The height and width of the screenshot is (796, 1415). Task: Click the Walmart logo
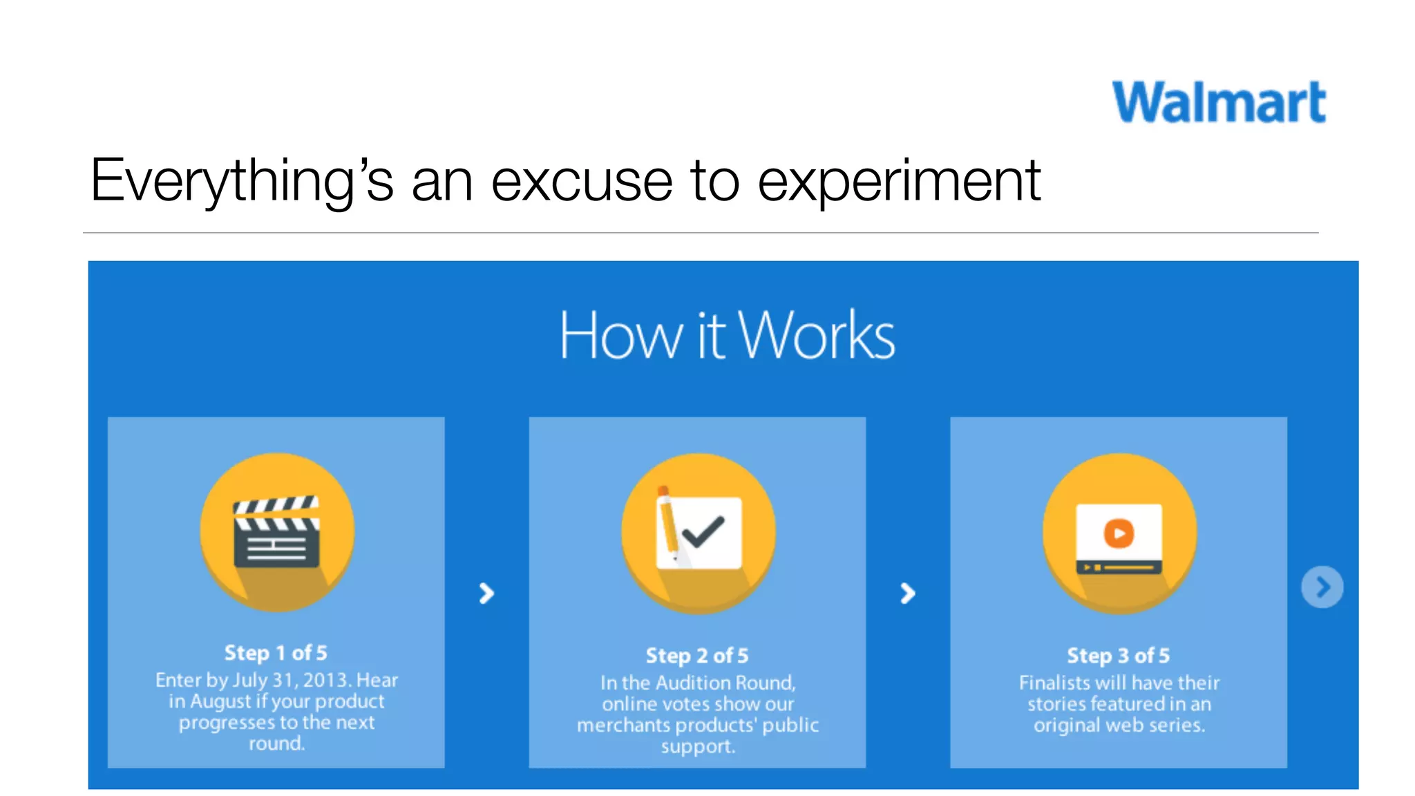click(x=1219, y=102)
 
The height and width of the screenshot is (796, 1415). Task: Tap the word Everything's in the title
click(x=241, y=181)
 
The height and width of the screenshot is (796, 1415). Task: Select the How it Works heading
click(x=726, y=336)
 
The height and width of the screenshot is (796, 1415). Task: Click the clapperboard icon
click(x=277, y=533)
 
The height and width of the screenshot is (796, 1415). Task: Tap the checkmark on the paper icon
click(x=703, y=532)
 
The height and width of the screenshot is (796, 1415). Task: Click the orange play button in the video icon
click(x=1119, y=533)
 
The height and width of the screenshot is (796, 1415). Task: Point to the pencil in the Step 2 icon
click(x=667, y=525)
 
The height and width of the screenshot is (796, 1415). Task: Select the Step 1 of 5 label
click(x=276, y=653)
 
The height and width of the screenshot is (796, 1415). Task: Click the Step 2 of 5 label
click(x=696, y=656)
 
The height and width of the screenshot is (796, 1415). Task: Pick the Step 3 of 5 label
click(x=1118, y=656)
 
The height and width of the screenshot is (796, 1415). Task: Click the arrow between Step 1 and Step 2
click(x=486, y=593)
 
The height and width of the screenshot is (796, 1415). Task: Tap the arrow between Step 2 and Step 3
click(x=907, y=593)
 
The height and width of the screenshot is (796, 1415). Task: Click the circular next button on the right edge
click(x=1322, y=587)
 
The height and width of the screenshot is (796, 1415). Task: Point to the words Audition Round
click(x=725, y=683)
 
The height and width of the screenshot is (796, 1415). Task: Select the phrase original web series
click(x=1119, y=725)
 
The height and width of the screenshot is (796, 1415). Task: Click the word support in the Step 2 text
click(x=697, y=746)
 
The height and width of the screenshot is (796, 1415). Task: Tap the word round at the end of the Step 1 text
click(x=276, y=743)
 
